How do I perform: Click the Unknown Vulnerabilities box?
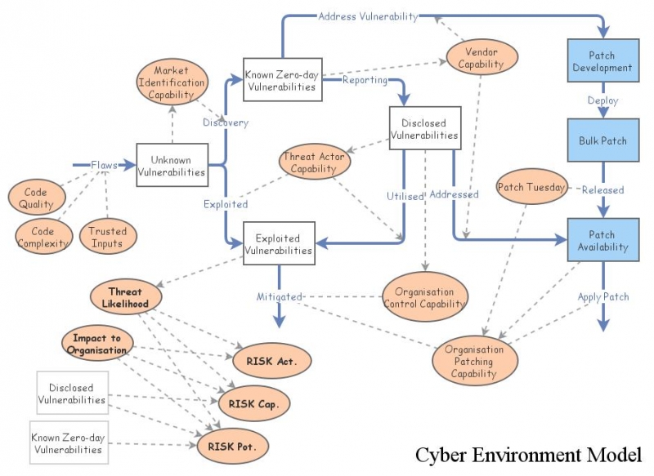(x=172, y=165)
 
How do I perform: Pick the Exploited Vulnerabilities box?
(x=279, y=244)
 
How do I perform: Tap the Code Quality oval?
(x=37, y=198)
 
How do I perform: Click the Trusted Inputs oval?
(x=107, y=237)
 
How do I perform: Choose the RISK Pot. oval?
(x=232, y=446)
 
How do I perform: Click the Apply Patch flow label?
(x=603, y=296)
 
